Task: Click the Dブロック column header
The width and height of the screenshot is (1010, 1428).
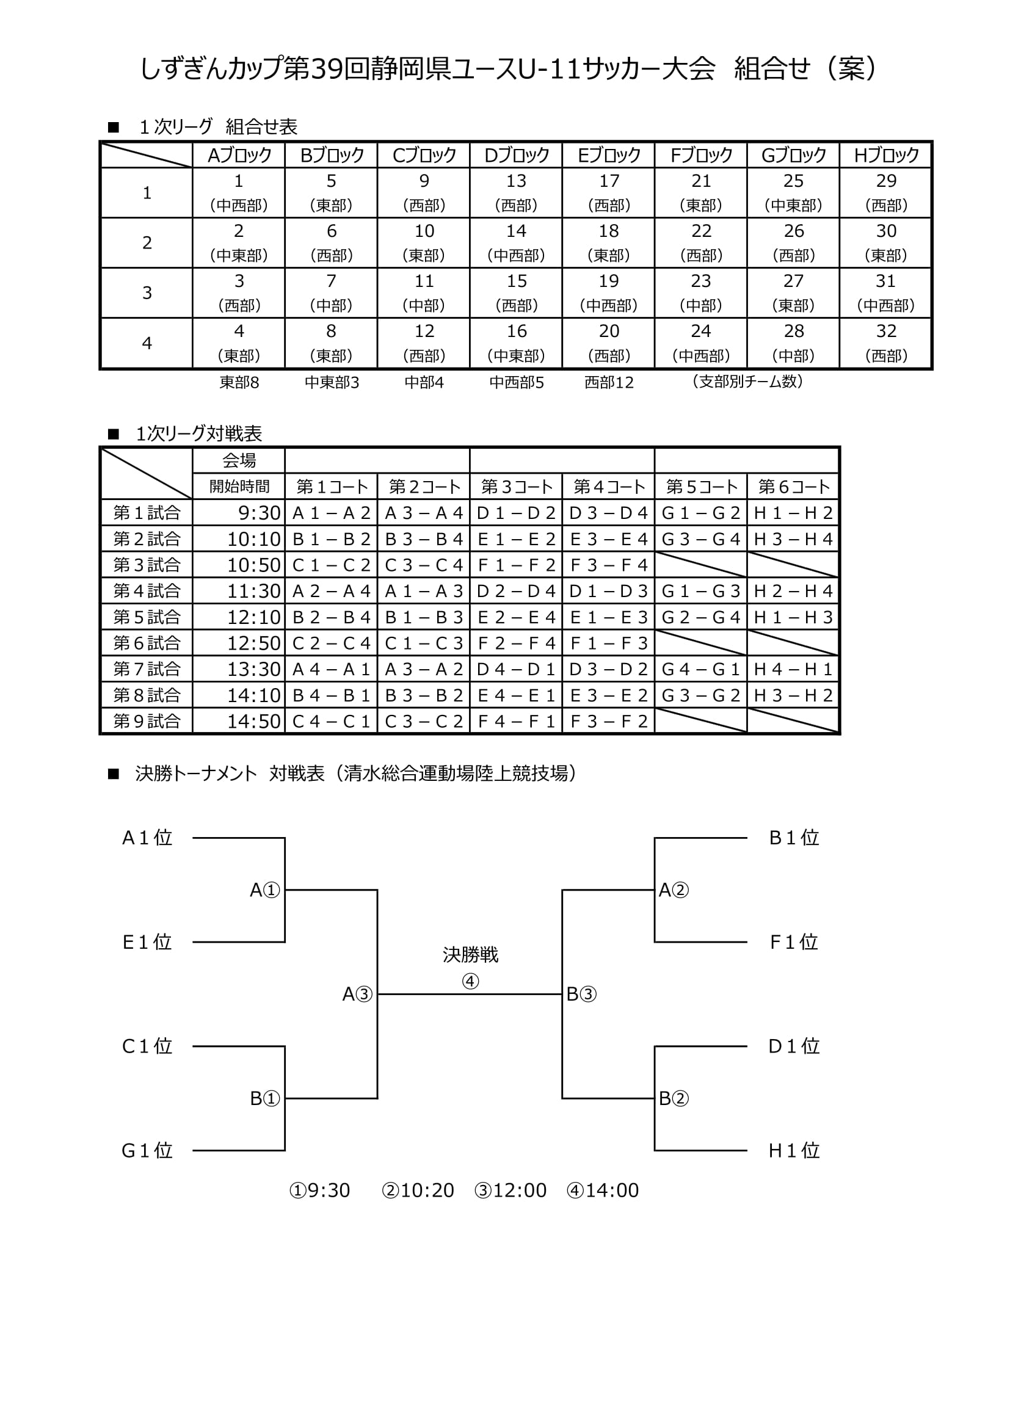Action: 516,155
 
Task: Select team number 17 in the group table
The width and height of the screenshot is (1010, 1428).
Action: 609,181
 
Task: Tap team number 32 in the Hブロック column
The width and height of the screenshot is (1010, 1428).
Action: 885,332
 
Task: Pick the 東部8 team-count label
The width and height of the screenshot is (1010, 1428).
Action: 239,383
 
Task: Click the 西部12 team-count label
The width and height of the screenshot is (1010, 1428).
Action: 609,383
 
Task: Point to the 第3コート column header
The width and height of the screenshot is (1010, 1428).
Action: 516,487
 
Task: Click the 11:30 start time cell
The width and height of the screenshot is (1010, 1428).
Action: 254,591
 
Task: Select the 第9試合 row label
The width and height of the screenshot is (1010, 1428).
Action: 147,721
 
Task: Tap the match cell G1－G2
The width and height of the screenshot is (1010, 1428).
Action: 701,513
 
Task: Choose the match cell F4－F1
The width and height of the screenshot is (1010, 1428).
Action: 516,722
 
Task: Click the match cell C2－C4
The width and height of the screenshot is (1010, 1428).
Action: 332,643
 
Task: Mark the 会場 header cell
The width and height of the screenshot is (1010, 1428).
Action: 239,460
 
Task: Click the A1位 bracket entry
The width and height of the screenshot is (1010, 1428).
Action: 147,838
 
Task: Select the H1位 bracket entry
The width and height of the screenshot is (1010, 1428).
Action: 794,1151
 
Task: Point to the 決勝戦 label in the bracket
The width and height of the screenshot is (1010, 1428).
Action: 470,955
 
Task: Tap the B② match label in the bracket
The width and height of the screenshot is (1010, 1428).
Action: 674,1099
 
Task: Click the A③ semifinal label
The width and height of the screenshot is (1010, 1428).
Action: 358,995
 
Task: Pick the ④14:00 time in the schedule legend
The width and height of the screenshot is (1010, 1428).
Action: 603,1191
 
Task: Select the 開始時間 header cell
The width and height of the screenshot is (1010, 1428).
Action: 239,487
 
